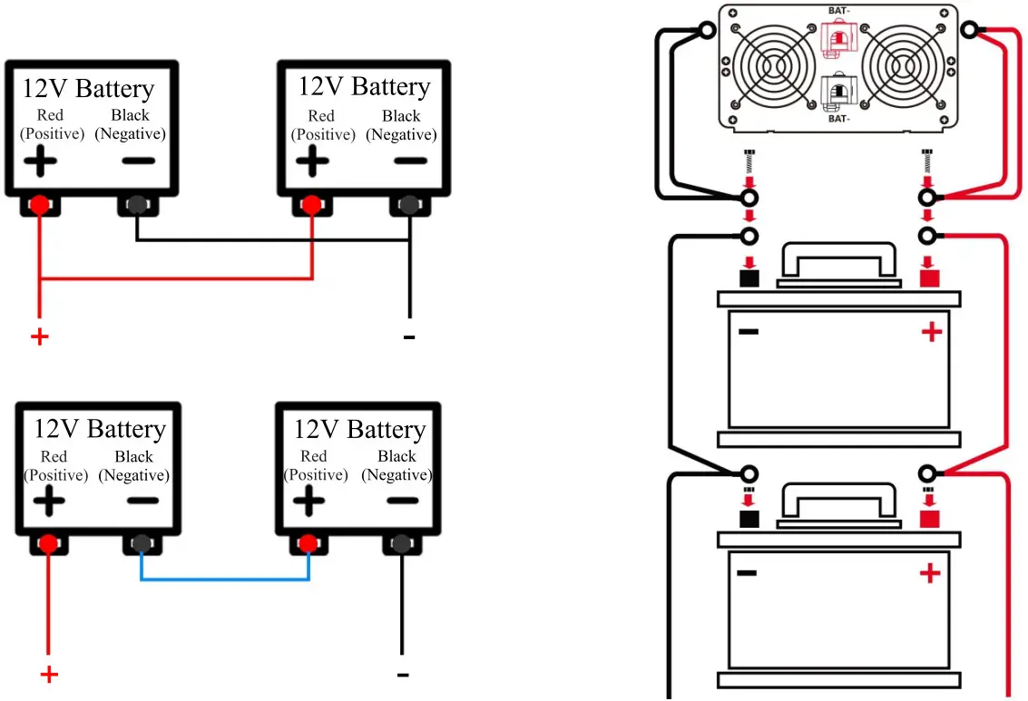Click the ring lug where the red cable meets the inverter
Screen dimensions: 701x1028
pyautogui.click(x=969, y=32)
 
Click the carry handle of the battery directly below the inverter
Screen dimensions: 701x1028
pyautogui.click(x=838, y=263)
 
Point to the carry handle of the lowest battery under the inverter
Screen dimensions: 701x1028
pyautogui.click(x=838, y=504)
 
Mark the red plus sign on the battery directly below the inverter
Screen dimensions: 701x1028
pyautogui.click(x=932, y=332)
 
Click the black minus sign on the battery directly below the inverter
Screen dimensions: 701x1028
pyautogui.click(x=749, y=332)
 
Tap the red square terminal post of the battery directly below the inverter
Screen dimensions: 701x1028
pyautogui.click(x=928, y=277)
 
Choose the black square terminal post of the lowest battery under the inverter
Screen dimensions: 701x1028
pyautogui.click(x=749, y=519)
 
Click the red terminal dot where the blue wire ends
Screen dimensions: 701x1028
pyautogui.click(x=308, y=544)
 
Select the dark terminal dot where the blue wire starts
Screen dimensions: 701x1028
pyautogui.click(x=141, y=544)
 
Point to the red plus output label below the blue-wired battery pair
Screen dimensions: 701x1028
pyautogui.click(x=50, y=675)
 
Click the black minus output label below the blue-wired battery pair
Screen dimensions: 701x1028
pyautogui.click(x=403, y=675)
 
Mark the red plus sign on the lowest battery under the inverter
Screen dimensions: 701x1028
pyautogui.click(x=930, y=573)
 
